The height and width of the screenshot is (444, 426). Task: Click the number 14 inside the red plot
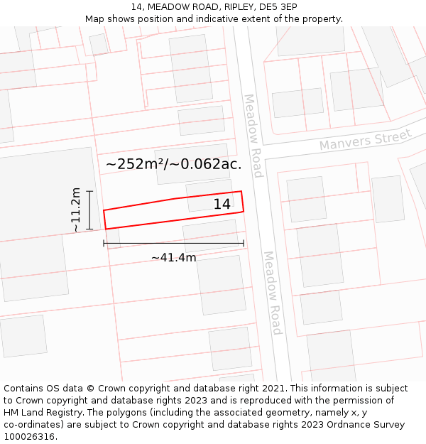point(222,205)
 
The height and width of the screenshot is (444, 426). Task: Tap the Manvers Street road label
point(365,140)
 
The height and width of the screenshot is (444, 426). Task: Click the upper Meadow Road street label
point(253,136)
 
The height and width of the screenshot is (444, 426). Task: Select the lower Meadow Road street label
point(273,293)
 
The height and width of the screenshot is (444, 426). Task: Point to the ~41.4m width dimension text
point(173,257)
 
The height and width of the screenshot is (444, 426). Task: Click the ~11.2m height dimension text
point(76,210)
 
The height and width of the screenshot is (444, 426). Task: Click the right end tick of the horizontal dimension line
point(244,243)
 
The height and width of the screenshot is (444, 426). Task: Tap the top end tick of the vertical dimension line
point(89,191)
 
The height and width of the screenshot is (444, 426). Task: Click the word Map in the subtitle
point(95,19)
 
